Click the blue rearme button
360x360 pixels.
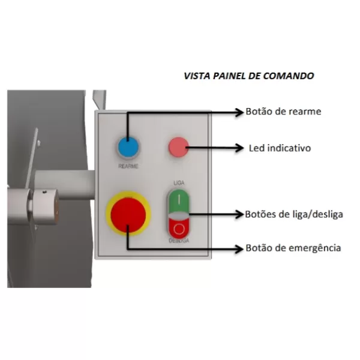coord(128,147)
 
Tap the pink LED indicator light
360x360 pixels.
coord(179,147)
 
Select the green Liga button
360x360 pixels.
coord(179,201)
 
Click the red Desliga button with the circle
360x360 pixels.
coord(179,228)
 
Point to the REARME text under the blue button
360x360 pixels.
coord(128,166)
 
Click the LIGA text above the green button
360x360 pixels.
coord(179,183)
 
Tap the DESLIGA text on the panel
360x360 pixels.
coord(179,241)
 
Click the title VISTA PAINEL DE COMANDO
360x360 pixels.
coord(249,76)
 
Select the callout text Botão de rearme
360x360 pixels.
coord(283,112)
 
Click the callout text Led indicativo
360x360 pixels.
coord(280,148)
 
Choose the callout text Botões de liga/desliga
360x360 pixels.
coord(294,214)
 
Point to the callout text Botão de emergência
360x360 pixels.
coord(293,248)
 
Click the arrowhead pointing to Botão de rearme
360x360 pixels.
coord(239,112)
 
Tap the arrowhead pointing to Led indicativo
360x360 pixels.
coord(239,148)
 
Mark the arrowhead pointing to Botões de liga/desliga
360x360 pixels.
coord(239,214)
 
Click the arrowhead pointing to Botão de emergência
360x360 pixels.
coord(239,248)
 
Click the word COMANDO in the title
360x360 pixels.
coord(289,76)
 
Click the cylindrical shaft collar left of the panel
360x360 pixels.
coord(45,206)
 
